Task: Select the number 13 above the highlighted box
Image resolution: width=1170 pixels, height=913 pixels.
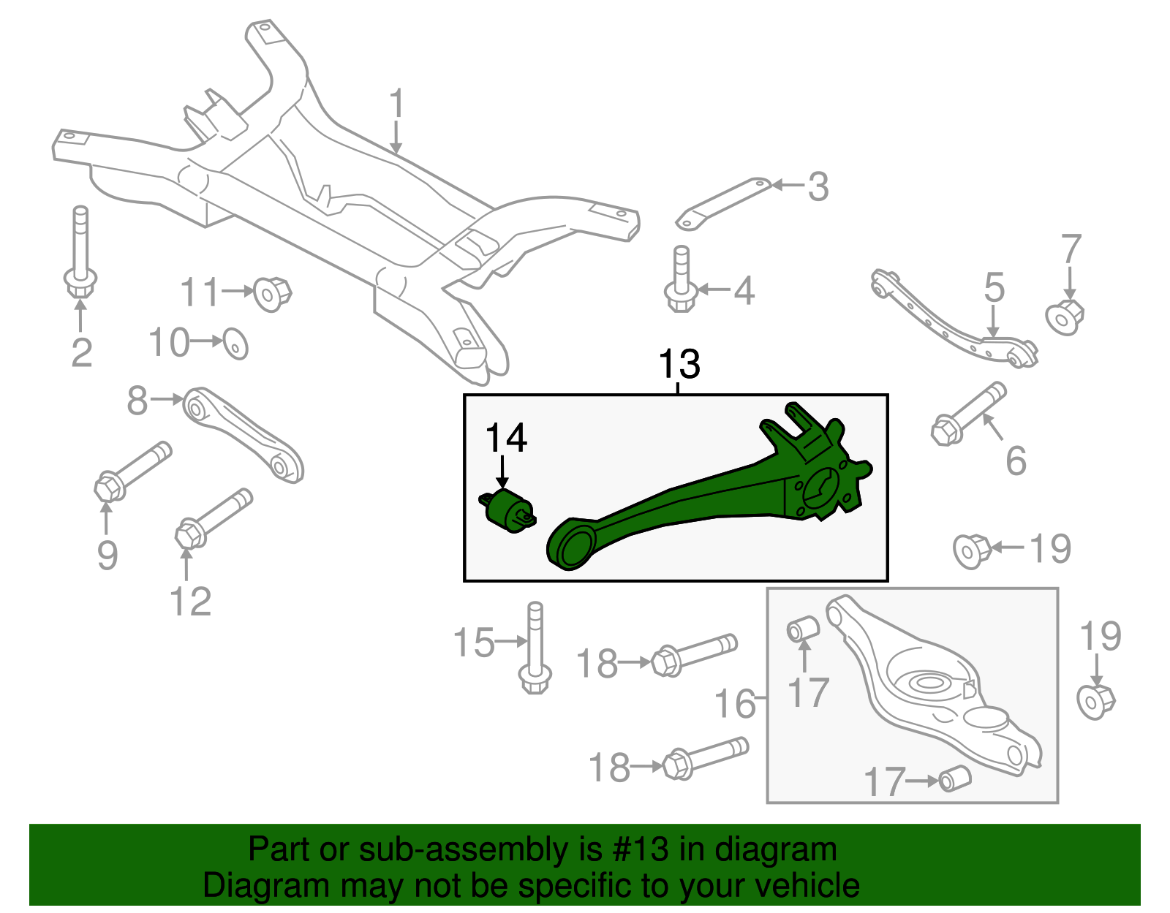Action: coord(679,364)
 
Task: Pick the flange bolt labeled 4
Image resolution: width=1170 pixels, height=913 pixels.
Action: coord(681,281)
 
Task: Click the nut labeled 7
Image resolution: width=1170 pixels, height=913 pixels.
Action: coord(1065,317)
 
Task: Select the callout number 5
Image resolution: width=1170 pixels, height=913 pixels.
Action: coord(994,288)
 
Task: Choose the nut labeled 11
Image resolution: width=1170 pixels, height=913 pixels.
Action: coord(272,294)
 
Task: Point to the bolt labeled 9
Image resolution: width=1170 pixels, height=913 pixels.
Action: coord(132,471)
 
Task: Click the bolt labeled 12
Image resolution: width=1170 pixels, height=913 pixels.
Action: coord(213,518)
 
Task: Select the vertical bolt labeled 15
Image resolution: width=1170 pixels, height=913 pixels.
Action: coord(535,648)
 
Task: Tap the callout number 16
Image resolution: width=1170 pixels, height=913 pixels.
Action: coord(734,704)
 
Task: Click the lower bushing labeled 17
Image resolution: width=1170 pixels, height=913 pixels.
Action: coord(954,778)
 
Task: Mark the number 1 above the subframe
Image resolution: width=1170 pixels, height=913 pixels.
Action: coord(396,105)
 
